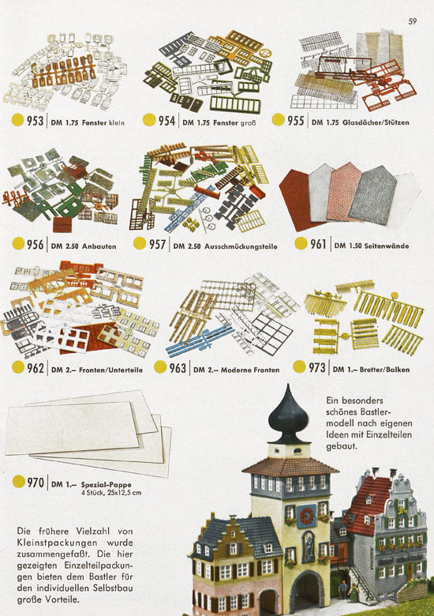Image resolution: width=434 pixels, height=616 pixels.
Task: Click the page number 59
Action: tap(412, 21)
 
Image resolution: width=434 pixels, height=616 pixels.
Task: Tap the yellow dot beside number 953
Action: tap(17, 120)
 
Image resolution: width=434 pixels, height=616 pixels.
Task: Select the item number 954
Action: tap(166, 121)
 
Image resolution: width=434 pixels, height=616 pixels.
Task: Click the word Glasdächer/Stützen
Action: tap(376, 122)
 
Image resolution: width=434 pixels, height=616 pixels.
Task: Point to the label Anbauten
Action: tap(99, 246)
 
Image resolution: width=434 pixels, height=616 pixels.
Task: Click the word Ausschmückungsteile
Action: tap(241, 246)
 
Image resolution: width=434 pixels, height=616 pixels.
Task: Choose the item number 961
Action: tap(318, 244)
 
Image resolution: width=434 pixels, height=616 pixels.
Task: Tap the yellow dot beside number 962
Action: tap(18, 367)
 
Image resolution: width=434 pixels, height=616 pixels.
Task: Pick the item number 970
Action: tap(36, 482)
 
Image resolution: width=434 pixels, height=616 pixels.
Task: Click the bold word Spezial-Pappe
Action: tap(106, 484)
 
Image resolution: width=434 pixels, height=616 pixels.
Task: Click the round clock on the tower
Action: tap(306, 516)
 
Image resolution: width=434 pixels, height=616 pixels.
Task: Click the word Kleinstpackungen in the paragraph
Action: tap(57, 543)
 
